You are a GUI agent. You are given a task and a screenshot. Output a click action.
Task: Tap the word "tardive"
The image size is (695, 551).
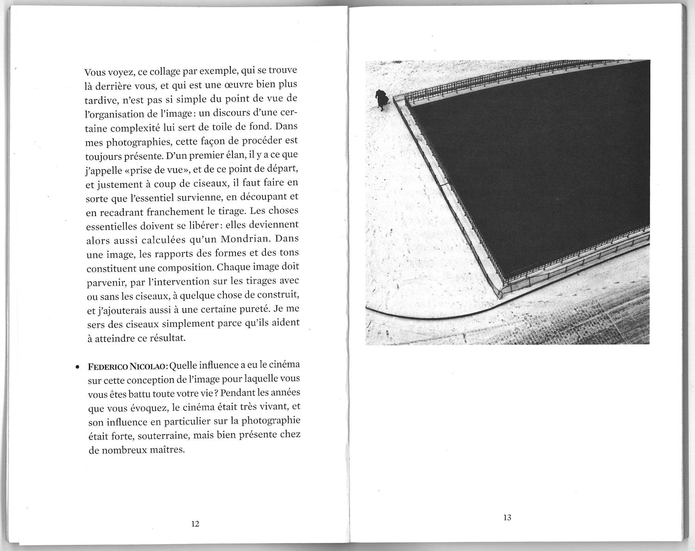[100, 101]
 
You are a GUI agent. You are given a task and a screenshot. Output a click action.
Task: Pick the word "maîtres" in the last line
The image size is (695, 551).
[167, 450]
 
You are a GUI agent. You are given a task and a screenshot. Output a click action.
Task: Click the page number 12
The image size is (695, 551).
[195, 524]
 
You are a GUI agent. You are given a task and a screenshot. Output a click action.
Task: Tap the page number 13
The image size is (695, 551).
[507, 517]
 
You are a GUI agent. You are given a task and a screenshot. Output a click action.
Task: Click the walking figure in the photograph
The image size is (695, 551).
[381, 99]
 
